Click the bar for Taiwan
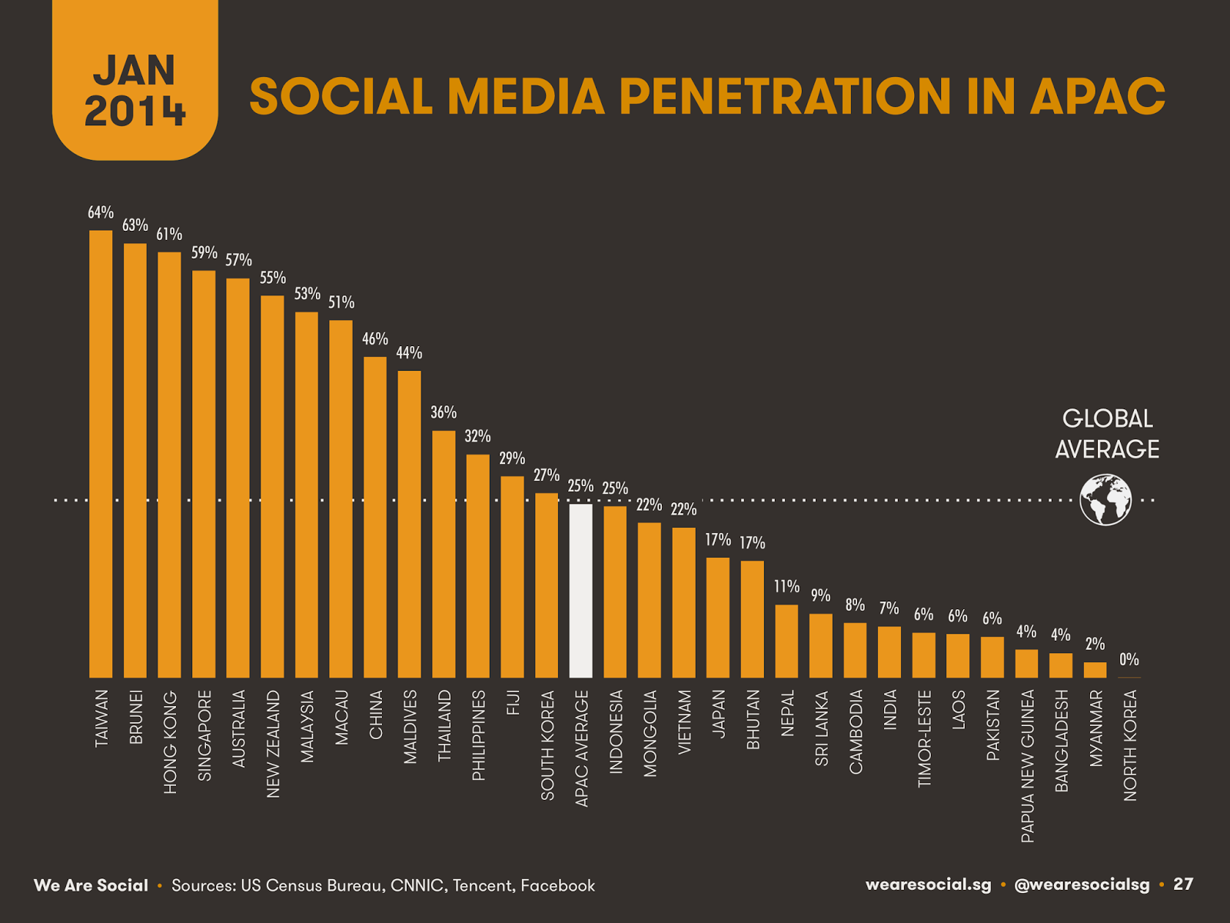pyautogui.click(x=101, y=454)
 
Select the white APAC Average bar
pyautogui.click(x=580, y=591)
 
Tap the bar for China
pyautogui.click(x=375, y=517)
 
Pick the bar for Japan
pyautogui.click(x=717, y=618)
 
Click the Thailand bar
pyautogui.click(x=444, y=554)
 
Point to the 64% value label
pyautogui.click(x=101, y=212)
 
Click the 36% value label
pyautogui.click(x=444, y=412)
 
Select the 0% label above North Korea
pyautogui.click(x=1129, y=659)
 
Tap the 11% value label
pyautogui.click(x=786, y=586)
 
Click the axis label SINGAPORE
pyautogui.click(x=204, y=735)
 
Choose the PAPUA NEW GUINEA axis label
pyautogui.click(x=1027, y=766)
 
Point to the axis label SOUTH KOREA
pyautogui.click(x=547, y=745)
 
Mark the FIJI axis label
pyautogui.click(x=513, y=702)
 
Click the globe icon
pyautogui.click(x=1105, y=500)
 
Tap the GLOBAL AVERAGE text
pyautogui.click(x=1107, y=434)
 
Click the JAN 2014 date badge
pyautogui.click(x=135, y=90)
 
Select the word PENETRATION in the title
pyautogui.click(x=785, y=97)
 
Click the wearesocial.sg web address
pyautogui.click(x=928, y=885)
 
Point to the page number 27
pyautogui.click(x=1183, y=884)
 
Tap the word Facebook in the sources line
pyautogui.click(x=557, y=885)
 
